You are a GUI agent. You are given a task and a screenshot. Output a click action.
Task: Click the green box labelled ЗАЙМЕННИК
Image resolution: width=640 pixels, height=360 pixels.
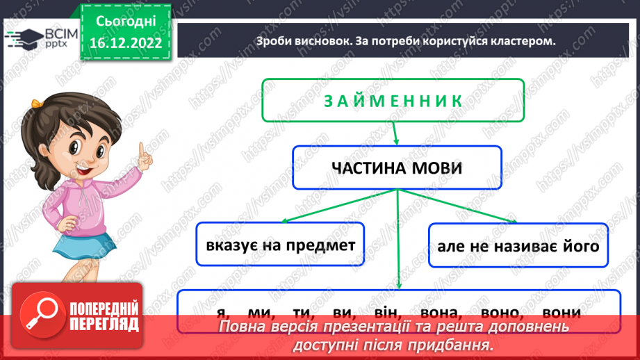393,101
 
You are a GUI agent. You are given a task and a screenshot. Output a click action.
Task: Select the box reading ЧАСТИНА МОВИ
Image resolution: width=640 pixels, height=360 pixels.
397,167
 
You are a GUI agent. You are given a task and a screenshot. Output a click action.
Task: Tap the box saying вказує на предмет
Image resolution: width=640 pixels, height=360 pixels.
281,245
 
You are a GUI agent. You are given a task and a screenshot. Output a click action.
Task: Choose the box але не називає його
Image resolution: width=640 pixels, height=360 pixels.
518,246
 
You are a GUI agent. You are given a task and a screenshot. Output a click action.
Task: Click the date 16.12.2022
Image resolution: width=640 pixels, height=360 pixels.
126,42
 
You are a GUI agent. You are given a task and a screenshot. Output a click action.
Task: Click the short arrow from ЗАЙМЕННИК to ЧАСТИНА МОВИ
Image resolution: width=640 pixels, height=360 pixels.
394,133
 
